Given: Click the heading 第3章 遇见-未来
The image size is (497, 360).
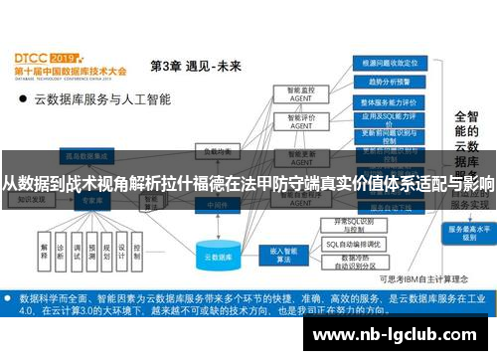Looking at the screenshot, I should click(x=195, y=67).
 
